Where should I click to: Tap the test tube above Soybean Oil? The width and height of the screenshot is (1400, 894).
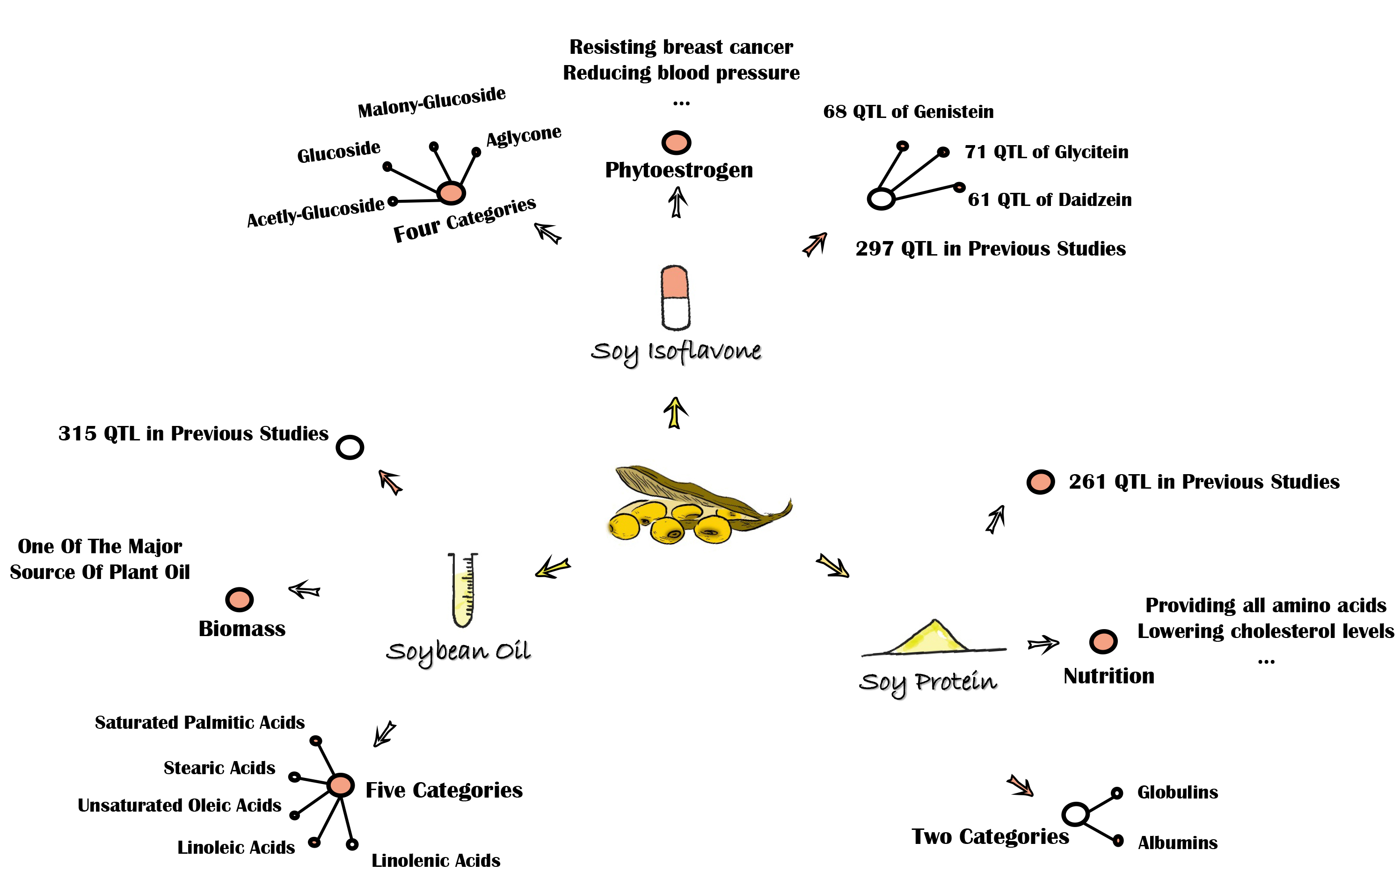tap(463, 590)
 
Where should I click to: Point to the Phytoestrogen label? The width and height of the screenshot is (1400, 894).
tap(678, 170)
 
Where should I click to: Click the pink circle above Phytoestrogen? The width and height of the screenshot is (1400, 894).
tap(676, 142)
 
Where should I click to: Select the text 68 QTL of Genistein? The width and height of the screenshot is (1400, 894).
tap(908, 112)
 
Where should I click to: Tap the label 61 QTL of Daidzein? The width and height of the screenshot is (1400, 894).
tap(1050, 199)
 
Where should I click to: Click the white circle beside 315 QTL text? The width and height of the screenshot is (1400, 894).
tap(350, 447)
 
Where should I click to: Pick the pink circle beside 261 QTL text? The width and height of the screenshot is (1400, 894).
tap(1040, 482)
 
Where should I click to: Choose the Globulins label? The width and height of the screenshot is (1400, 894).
tap(1177, 792)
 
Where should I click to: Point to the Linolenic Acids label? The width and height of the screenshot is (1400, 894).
tap(436, 860)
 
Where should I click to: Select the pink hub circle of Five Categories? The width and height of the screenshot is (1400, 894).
tap(341, 785)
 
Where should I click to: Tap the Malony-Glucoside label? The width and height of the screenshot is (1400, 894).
tap(431, 103)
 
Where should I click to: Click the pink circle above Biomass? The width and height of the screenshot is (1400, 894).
tap(239, 599)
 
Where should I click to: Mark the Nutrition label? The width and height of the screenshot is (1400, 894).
tap(1108, 676)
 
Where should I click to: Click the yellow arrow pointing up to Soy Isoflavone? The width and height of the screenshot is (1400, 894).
tap(675, 413)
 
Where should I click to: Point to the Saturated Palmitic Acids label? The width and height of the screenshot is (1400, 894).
tap(199, 722)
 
